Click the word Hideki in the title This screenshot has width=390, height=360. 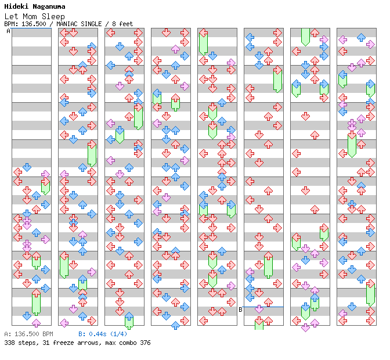(16, 7)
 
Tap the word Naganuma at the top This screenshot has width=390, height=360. (49, 7)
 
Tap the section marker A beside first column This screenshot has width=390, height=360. (8, 31)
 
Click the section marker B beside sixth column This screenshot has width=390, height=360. (240, 309)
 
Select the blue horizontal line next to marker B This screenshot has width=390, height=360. (263, 307)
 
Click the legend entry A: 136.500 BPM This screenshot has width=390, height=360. (28, 334)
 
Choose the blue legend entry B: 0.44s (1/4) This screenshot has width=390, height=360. (102, 334)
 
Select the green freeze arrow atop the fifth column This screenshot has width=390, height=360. (203, 43)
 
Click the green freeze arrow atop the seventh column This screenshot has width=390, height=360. (305, 36)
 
